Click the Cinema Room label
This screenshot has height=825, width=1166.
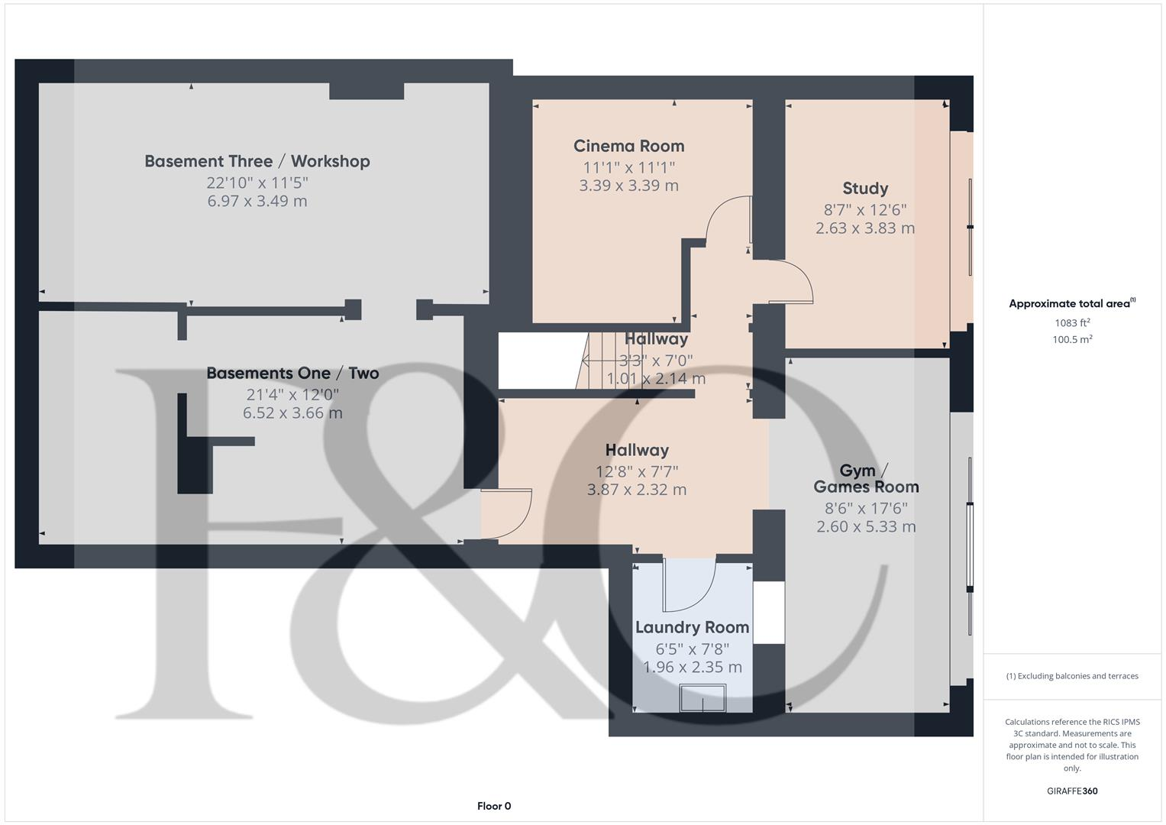point(628,146)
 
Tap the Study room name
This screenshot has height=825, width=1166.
point(864,189)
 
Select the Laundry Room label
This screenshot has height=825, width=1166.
point(692,627)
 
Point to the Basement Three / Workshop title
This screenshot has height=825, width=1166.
point(257,161)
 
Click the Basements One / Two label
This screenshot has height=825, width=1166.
point(292,374)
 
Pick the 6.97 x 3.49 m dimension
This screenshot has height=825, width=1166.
point(257,201)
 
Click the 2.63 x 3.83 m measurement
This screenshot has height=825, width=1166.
point(864,228)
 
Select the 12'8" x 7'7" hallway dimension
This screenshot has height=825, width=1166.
point(637,471)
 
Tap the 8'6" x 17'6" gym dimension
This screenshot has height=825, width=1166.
point(866,508)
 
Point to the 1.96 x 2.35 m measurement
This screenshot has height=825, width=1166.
point(692,667)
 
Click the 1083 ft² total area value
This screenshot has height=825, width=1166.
point(1072,323)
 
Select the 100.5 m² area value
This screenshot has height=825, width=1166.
point(1072,340)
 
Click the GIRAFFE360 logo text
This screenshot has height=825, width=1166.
point(1072,791)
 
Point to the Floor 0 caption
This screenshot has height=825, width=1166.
point(494,806)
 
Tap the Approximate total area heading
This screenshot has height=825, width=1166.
point(1071,304)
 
